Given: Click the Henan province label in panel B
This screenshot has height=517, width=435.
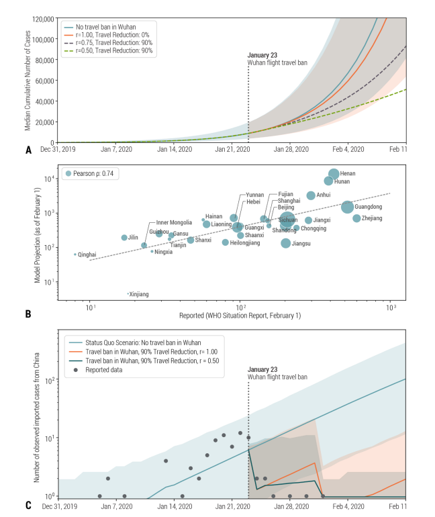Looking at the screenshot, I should point(348,174).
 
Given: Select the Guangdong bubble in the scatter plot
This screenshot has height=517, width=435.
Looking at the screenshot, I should point(347,207).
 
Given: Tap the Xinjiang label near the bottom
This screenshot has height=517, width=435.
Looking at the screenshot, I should point(139,294).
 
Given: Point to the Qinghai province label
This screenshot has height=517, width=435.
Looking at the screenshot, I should point(87,254).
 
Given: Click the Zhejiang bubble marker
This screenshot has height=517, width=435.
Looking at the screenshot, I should point(356,218).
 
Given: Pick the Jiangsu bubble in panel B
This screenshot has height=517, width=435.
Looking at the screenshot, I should point(286,243).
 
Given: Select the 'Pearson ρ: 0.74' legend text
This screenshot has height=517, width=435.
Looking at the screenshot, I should point(94,173).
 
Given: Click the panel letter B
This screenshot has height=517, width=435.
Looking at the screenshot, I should point(28,314).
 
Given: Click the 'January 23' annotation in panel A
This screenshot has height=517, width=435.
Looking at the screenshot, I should point(262,56).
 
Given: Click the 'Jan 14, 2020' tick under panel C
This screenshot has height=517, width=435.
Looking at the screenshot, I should point(174,508).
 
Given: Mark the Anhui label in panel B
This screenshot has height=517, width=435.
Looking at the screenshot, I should point(324,195).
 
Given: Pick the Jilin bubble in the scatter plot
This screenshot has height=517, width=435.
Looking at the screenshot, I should point(124,238).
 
